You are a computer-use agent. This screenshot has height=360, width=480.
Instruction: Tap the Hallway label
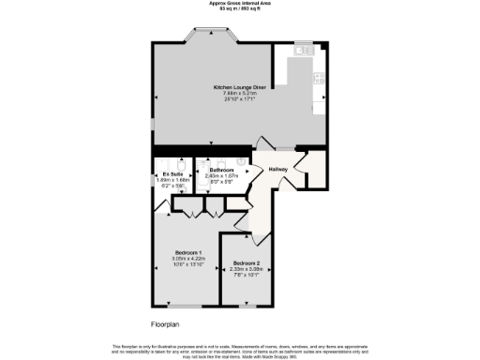pos(277,169)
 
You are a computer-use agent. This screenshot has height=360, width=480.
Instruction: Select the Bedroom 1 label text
pos(188,252)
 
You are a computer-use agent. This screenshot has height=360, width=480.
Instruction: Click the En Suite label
pos(171,173)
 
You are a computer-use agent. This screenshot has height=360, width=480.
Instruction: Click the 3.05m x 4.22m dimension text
pos(188,259)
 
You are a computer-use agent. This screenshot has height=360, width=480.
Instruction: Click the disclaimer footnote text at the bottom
pos(240,349)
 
